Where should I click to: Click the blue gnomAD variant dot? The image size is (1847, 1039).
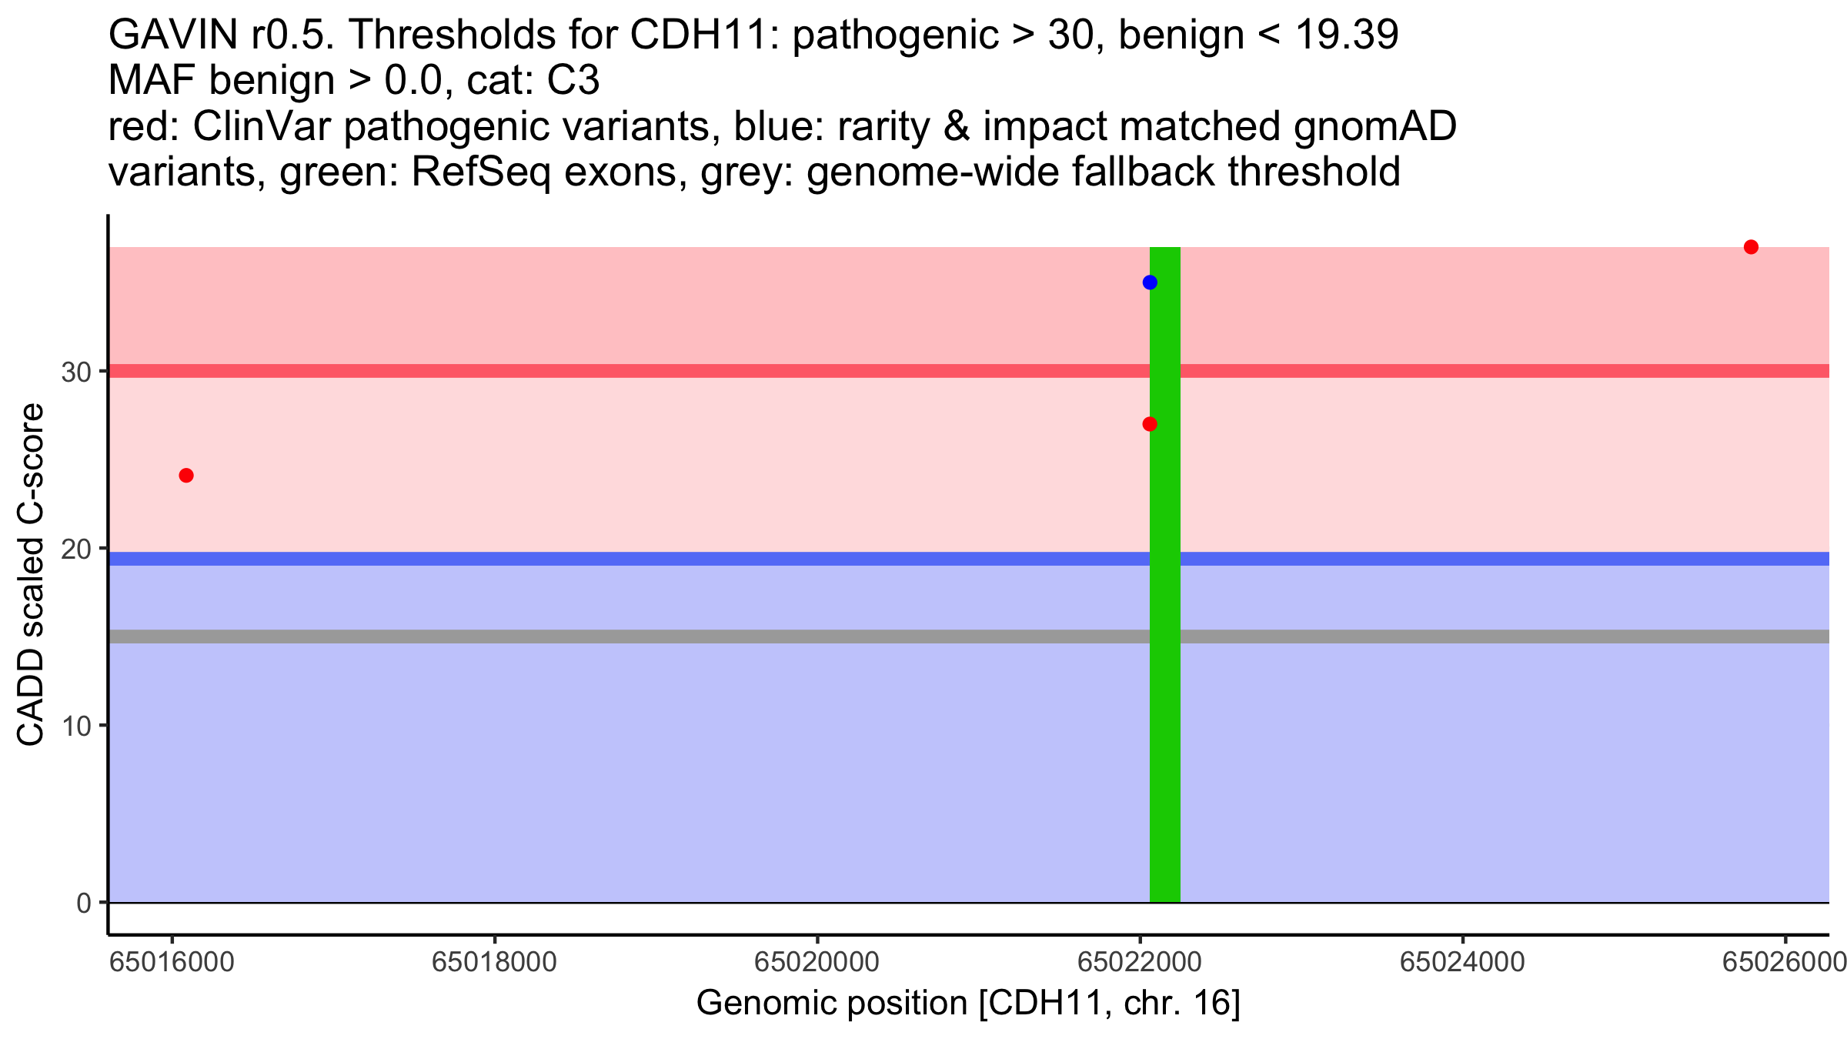click(1150, 282)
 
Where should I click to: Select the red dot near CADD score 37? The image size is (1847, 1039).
click(1751, 247)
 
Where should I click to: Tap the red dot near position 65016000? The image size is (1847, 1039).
click(186, 476)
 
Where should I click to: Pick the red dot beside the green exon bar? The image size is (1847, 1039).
click(1150, 424)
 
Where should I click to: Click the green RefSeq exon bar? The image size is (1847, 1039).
click(1165, 693)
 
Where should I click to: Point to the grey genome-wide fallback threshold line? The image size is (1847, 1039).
click(616, 636)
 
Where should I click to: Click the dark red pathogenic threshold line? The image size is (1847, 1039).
click(616, 371)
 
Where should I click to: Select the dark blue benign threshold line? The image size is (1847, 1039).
click(616, 559)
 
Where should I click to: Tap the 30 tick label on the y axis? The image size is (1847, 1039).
click(76, 373)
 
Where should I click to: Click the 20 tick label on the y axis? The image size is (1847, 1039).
click(76, 550)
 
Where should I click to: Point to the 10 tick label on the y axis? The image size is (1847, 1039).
click(76, 726)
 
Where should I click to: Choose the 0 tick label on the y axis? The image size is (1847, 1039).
click(84, 903)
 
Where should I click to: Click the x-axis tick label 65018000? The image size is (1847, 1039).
click(494, 963)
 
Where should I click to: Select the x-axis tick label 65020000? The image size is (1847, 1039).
click(817, 963)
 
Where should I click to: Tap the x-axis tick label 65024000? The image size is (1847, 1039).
click(1462, 963)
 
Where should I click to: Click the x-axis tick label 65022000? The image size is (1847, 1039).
click(1140, 963)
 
